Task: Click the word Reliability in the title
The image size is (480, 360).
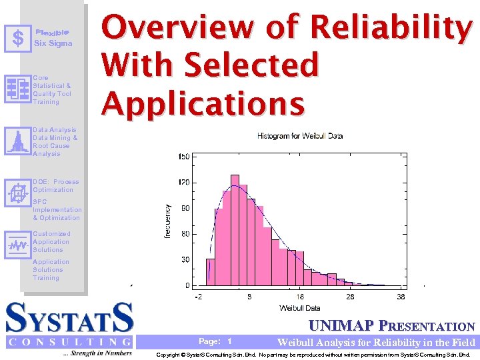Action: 391,28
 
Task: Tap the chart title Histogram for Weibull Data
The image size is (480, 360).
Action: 300,136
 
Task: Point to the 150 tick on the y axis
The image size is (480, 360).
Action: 183,157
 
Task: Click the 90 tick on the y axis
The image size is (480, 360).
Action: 184,208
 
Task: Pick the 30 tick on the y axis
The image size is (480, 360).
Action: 184,260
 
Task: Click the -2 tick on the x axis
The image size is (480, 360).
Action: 198,297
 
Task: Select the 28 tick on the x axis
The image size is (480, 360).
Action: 350,297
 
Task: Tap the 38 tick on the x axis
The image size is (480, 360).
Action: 400,297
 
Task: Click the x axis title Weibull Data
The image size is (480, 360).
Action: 299,307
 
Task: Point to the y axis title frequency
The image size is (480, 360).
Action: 167,221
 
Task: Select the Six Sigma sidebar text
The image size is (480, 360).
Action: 53,43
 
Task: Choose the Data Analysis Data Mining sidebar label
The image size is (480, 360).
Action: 55,141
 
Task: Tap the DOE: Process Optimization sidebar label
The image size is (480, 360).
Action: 56,185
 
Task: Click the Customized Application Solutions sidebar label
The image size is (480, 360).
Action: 51,241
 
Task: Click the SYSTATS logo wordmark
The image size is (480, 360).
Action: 69,318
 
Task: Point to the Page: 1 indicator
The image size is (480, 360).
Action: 215,341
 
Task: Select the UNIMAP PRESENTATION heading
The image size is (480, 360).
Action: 391,326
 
